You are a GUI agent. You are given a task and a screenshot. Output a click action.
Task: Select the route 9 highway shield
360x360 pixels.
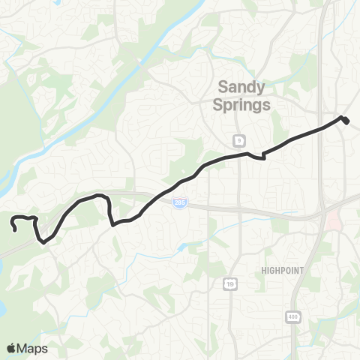point(238,140)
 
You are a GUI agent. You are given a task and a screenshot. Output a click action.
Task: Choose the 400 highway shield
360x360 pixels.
point(291,317)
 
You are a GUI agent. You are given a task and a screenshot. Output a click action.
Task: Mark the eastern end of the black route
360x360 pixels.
point(347,121)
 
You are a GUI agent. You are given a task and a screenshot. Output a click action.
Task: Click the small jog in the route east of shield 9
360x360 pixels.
point(263,156)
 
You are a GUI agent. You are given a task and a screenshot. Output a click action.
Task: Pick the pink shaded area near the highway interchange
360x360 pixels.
point(331,220)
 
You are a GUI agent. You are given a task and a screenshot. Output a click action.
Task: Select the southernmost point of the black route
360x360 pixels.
point(43,242)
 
